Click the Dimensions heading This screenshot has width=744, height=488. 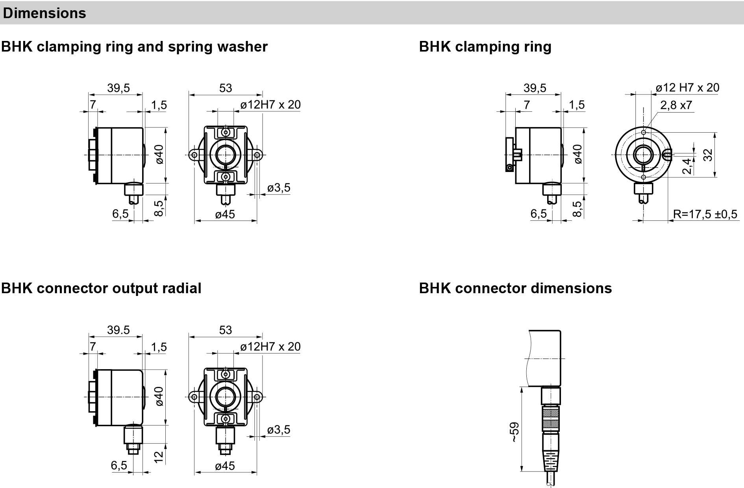44,13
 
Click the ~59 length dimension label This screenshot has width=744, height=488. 515,432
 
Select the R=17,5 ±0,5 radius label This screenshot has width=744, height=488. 705,214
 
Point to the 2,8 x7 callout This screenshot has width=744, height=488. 676,105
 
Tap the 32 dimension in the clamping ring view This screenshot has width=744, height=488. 708,155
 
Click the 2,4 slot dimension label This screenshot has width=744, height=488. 687,166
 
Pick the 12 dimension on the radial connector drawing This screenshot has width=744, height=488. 158,457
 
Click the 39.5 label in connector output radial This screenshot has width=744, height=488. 118,330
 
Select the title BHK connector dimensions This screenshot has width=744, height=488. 515,288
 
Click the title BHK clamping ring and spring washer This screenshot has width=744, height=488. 134,46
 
